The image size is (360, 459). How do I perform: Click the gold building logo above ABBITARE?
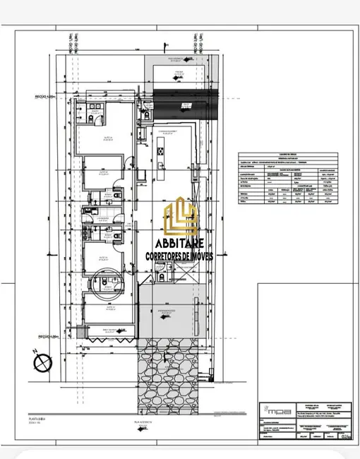tap(180, 216)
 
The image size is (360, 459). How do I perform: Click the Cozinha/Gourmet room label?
tap(169, 131)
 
